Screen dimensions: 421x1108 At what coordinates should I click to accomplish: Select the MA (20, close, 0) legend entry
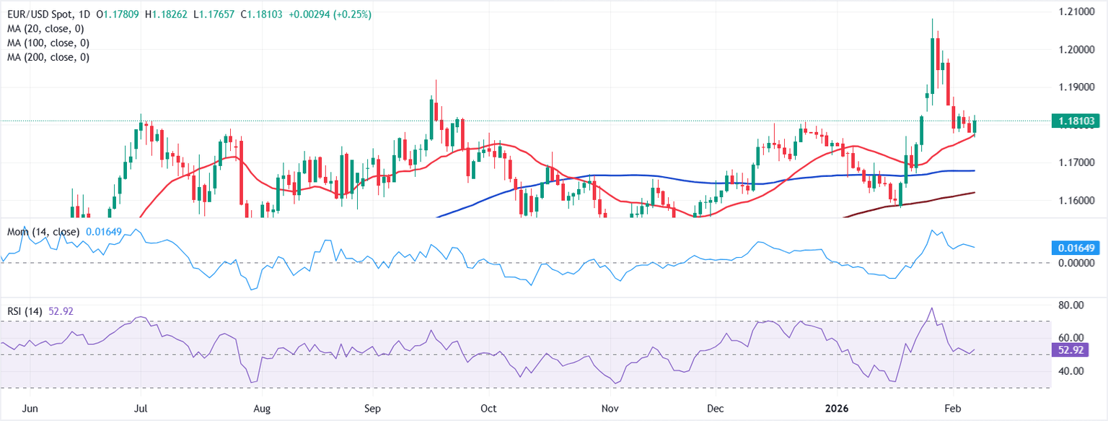(44, 29)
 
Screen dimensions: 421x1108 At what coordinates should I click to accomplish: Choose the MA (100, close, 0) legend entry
(46, 43)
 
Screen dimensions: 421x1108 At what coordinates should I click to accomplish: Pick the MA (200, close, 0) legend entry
(46, 57)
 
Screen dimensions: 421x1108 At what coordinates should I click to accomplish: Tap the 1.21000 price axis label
(1076, 13)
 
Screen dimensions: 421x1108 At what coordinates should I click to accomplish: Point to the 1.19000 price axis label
(1076, 87)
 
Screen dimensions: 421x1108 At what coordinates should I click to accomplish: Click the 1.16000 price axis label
(1076, 200)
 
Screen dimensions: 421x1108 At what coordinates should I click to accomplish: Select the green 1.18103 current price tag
(1076, 121)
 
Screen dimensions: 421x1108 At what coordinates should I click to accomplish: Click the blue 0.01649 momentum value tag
(1076, 248)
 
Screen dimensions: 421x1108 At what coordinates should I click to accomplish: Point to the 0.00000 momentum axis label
(1076, 264)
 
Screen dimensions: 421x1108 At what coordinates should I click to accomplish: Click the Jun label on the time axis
(30, 409)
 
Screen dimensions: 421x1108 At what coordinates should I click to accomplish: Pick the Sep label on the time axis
(373, 409)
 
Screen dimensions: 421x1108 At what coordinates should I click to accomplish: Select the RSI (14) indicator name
(23, 311)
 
